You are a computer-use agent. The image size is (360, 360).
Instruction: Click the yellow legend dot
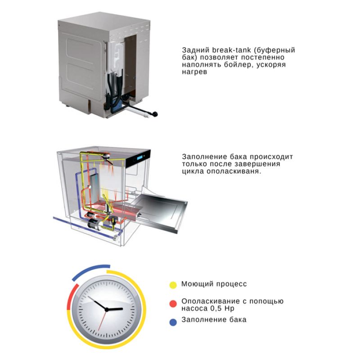173,285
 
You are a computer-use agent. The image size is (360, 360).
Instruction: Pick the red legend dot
173,304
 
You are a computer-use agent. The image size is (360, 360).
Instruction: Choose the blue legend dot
173,322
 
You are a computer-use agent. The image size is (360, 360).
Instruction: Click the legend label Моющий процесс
214,284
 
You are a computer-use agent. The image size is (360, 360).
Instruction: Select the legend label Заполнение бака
214,320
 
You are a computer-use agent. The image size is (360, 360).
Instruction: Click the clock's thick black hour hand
115,309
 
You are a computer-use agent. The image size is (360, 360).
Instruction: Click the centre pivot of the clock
107,309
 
